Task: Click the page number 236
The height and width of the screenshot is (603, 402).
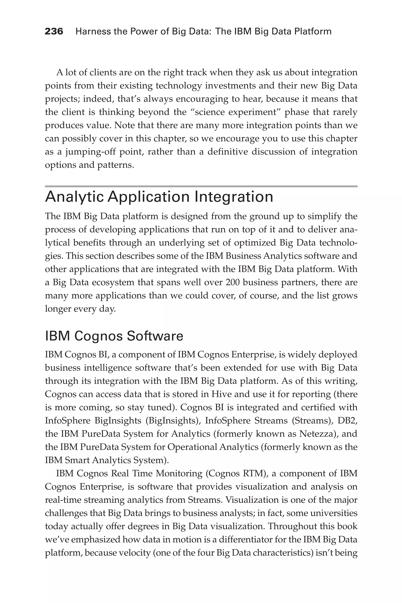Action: (54, 32)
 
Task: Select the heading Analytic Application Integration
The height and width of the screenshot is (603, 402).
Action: (159, 197)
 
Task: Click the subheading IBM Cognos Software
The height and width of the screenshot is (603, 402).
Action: (114, 336)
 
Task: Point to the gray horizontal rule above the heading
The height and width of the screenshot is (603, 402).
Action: (201, 186)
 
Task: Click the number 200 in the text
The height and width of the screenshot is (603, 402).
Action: (233, 282)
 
